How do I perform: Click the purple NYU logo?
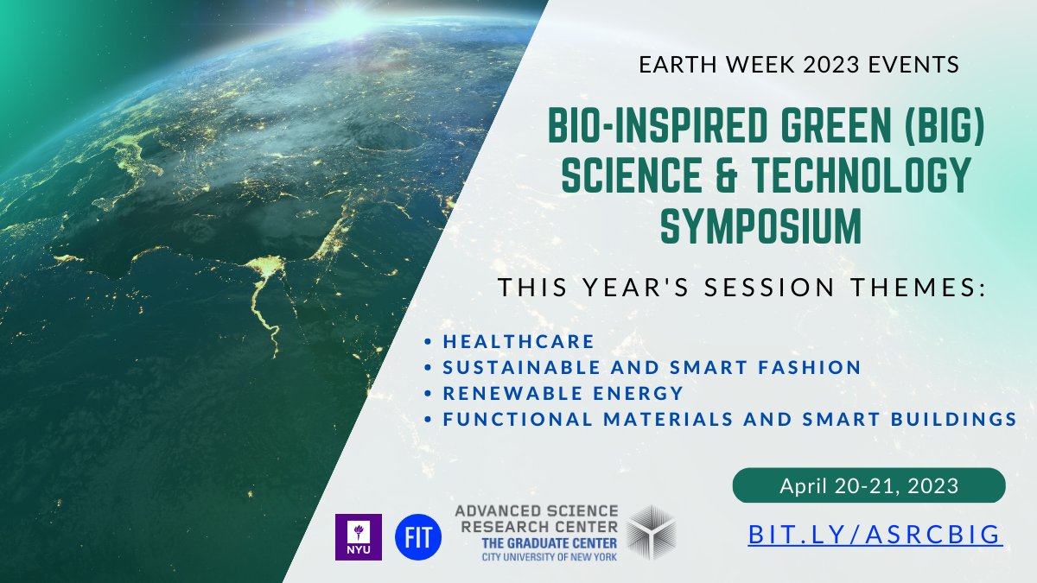tap(359, 536)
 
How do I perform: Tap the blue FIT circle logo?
tap(418, 536)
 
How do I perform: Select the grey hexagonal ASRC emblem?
tap(652, 533)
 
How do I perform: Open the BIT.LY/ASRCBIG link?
tap(875, 535)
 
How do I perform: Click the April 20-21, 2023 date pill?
tap(869, 485)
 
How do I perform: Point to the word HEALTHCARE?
tap(518, 341)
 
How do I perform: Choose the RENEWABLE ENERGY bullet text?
tap(563, 393)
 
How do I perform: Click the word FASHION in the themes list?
tap(809, 367)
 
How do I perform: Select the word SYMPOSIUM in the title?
tap(760, 226)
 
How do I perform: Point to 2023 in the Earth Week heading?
tap(830, 65)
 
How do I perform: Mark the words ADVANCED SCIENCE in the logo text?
tap(537, 511)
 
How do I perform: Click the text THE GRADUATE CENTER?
tap(550, 543)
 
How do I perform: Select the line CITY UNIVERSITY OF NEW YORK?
tap(550, 556)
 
